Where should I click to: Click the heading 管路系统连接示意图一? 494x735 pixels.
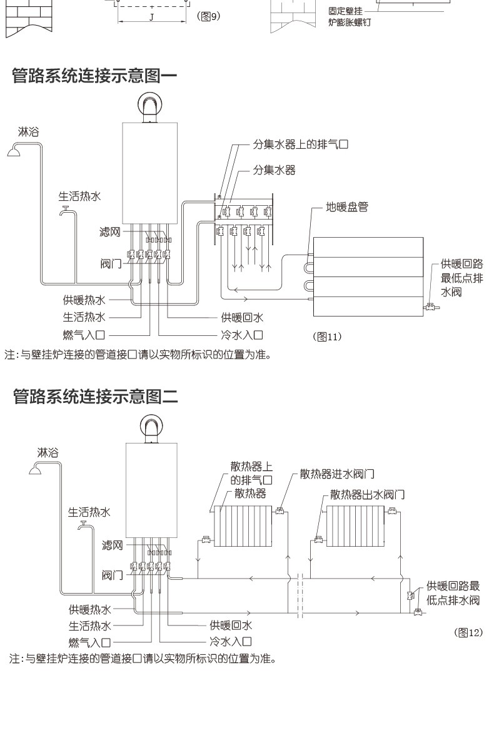pos(95,77)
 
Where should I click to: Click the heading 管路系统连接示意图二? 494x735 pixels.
pos(95,396)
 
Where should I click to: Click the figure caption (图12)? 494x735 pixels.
pos(468,632)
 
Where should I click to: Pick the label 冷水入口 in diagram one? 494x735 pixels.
pos(241,335)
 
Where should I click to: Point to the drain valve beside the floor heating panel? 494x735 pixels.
pos(431,307)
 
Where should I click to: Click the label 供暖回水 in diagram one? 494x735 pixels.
pos(241,317)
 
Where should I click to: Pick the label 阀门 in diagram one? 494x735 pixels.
pos(110,261)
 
